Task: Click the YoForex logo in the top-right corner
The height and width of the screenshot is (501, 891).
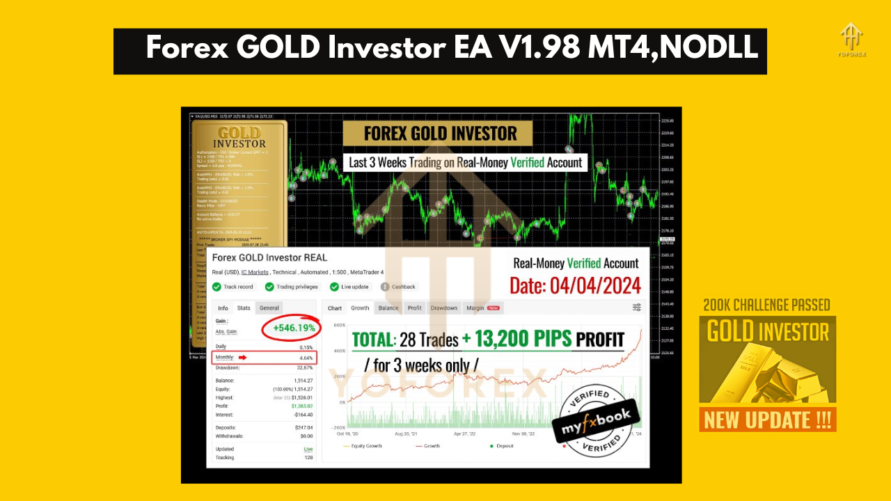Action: tap(852, 40)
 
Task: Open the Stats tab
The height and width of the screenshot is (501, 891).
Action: tap(244, 308)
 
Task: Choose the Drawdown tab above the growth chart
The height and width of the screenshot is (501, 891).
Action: tap(443, 308)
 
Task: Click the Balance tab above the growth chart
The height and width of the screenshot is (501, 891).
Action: tap(388, 308)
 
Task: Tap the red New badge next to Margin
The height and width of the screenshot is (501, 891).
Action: tap(494, 308)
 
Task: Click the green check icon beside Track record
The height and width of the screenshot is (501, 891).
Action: tap(217, 287)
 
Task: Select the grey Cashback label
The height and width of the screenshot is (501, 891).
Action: tap(403, 287)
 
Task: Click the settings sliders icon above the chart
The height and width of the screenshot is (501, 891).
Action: tap(637, 308)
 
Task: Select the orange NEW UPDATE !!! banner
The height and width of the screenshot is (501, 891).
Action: tap(768, 420)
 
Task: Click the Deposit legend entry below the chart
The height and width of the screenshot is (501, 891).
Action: tap(503, 445)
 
